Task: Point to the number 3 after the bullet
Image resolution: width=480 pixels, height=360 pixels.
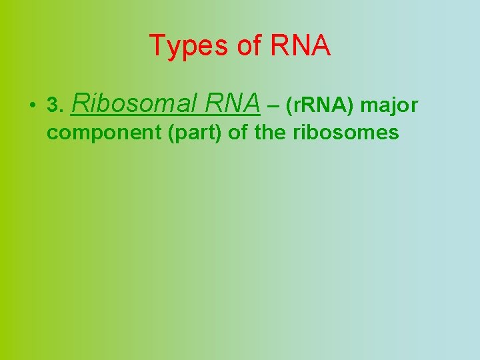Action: [53, 105]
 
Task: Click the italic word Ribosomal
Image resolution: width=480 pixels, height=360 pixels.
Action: [133, 103]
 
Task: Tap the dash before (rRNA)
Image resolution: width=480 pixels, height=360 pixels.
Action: [272, 105]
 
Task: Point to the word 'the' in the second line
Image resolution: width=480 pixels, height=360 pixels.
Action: [270, 133]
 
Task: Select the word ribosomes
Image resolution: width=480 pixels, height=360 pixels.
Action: [346, 133]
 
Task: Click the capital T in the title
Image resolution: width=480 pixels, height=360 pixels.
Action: [157, 46]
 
